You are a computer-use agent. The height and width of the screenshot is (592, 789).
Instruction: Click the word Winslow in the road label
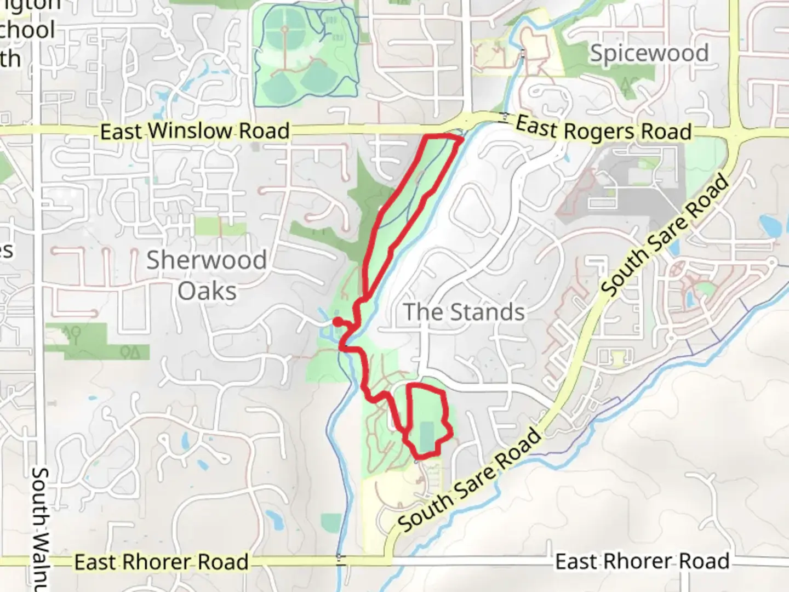click(191, 132)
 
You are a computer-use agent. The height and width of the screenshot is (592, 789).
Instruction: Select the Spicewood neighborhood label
click(649, 53)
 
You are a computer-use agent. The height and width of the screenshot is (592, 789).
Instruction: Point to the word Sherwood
click(206, 260)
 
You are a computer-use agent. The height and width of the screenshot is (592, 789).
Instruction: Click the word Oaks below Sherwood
click(207, 291)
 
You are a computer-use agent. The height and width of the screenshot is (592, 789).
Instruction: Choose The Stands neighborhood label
click(464, 312)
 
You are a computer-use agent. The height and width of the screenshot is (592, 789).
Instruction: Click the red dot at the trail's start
click(338, 322)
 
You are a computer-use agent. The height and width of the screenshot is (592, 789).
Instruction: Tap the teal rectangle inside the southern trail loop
click(428, 434)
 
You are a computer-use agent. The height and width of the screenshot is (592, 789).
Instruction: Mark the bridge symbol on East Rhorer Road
click(341, 560)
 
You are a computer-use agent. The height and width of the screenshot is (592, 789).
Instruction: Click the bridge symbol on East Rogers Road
click(505, 117)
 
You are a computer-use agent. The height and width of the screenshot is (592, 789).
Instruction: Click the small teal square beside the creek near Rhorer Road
click(331, 521)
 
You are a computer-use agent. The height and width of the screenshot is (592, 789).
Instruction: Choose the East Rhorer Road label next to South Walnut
click(161, 562)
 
